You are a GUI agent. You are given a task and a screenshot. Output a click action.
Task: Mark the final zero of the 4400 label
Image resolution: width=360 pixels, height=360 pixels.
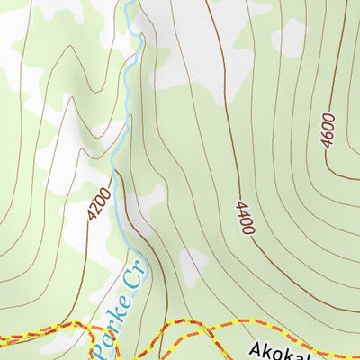pos(247,230)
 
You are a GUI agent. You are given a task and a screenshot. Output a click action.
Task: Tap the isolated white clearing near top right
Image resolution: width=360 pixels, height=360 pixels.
pos(289,36)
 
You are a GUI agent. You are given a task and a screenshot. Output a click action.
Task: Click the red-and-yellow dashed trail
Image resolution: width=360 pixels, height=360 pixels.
pos(36,332)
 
